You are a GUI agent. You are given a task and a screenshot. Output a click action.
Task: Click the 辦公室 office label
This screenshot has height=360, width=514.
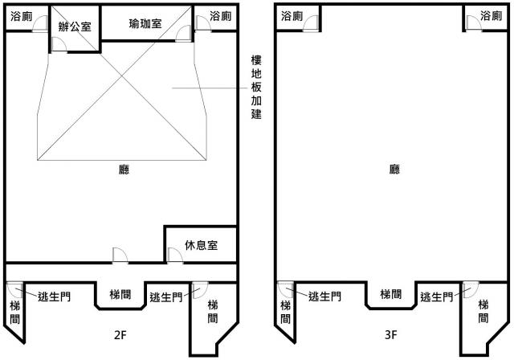(75, 27)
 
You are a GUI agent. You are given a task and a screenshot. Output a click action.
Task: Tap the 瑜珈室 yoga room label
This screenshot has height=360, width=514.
(145, 23)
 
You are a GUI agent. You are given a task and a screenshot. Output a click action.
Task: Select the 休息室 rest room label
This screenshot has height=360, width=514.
(202, 245)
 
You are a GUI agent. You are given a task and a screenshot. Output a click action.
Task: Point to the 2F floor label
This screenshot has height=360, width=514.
(120, 335)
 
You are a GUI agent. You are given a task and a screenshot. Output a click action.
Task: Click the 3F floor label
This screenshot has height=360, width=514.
(391, 335)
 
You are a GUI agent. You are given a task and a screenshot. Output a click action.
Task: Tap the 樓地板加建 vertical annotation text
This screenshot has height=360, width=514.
(256, 87)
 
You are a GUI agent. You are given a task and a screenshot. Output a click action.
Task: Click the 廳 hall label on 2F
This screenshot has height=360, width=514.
(124, 170)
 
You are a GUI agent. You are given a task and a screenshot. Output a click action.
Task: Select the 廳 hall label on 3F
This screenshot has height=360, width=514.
(394, 170)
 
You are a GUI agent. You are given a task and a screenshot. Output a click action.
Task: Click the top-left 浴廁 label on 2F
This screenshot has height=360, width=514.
(22, 16)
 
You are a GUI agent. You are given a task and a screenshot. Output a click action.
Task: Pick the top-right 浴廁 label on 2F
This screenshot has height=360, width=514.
(220, 16)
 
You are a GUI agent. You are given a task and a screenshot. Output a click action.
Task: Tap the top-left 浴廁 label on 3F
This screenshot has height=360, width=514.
(292, 16)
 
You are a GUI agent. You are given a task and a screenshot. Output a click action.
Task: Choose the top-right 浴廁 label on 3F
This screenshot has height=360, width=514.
(491, 16)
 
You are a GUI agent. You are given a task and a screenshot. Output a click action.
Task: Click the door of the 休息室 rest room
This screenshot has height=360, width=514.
(175, 255)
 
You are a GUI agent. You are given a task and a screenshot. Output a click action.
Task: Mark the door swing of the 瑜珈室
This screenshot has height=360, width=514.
(184, 34)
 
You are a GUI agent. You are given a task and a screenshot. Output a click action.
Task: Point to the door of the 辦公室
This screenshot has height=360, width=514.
(59, 44)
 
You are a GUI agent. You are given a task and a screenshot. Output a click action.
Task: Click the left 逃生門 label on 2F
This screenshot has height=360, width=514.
(54, 297)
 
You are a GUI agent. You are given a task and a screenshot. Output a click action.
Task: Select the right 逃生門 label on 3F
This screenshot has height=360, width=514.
(437, 297)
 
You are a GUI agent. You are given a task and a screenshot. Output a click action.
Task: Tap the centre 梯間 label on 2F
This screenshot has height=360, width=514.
(120, 294)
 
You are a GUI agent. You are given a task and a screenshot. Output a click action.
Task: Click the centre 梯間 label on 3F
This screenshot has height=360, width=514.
(391, 294)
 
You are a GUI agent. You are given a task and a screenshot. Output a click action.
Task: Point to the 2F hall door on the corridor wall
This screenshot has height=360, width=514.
(120, 255)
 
